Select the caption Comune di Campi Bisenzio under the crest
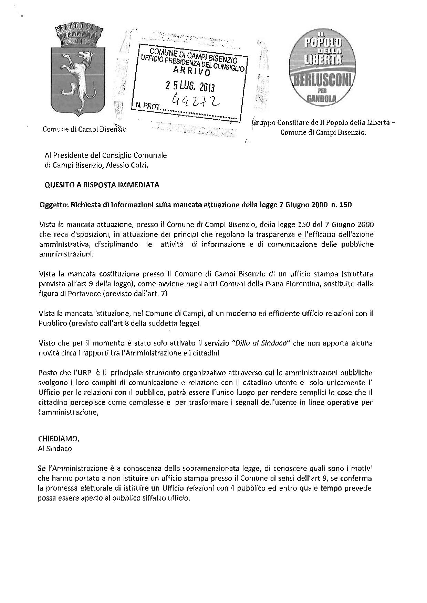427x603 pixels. pos(84,129)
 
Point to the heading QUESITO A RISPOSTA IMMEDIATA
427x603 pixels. pos(102,185)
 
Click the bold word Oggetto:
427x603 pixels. pos(54,205)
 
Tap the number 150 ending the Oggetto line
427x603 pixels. pos(345,205)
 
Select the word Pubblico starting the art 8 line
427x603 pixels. pos(53,324)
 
